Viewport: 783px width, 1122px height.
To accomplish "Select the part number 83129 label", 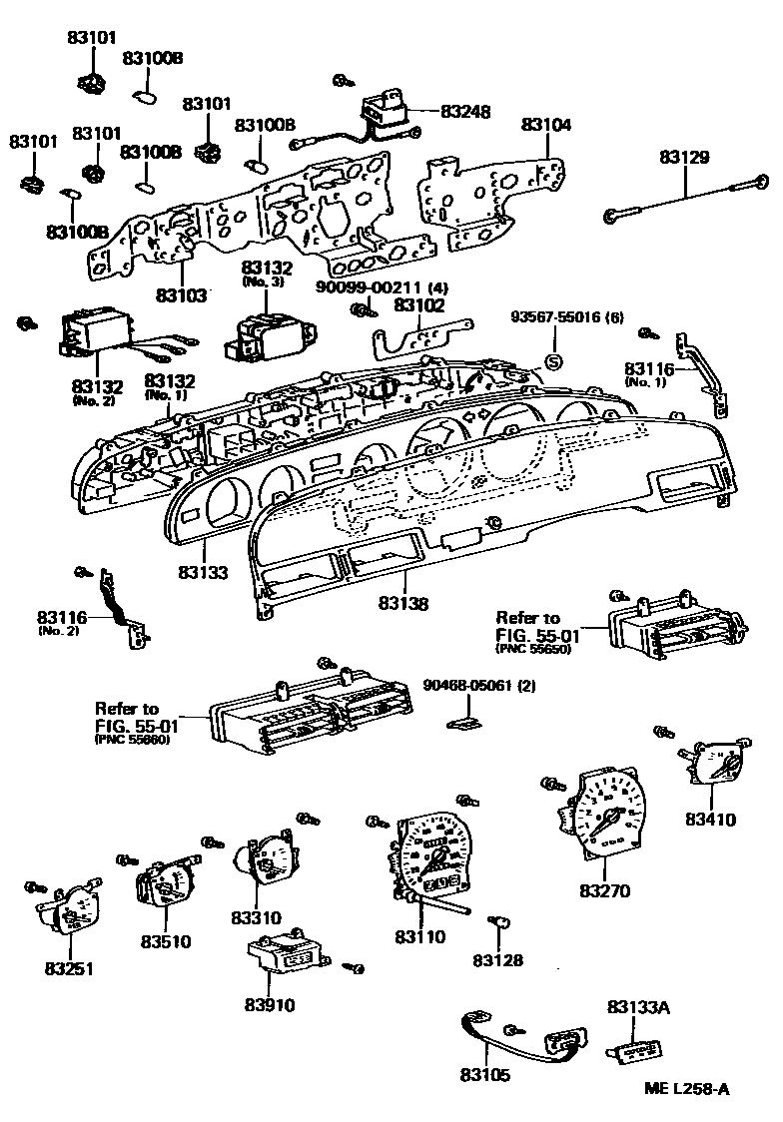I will tap(684, 157).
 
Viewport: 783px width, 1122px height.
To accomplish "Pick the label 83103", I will tap(181, 295).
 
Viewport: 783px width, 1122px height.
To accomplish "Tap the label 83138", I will tap(403, 603).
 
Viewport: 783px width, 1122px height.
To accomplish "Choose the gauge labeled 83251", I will tap(70, 909).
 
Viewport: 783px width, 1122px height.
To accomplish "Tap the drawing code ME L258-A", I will tap(686, 1088).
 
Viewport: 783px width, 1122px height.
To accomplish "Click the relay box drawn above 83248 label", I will tap(385, 110).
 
